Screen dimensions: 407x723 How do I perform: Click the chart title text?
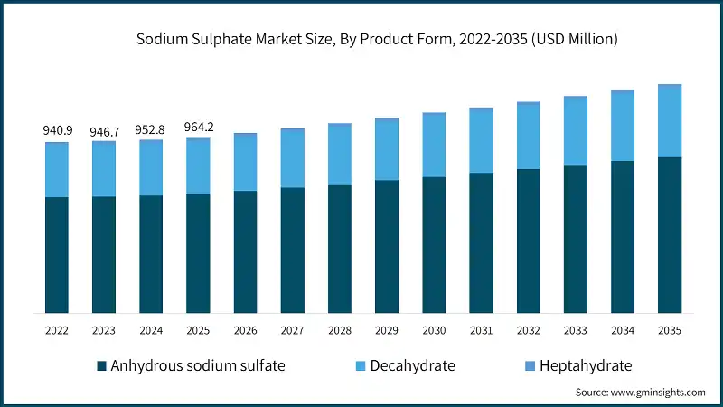(377, 39)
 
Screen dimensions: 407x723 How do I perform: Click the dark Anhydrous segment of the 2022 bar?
(56, 255)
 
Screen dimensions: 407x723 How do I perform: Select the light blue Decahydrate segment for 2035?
(670, 121)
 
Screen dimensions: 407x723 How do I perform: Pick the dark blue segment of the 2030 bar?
(434, 245)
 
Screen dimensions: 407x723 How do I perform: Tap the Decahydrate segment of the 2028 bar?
(339, 154)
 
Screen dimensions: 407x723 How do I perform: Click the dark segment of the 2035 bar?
(670, 235)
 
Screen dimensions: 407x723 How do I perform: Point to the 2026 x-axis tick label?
(245, 331)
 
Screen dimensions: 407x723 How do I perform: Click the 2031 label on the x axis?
(481, 331)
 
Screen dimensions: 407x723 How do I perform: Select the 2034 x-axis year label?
(623, 331)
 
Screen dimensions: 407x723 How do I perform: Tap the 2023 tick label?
(103, 331)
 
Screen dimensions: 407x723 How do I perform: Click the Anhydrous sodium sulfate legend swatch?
(101, 366)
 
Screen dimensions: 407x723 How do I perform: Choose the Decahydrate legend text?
(412, 366)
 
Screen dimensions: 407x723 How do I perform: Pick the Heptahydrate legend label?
(585, 366)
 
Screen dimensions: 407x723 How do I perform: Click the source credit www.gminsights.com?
(640, 393)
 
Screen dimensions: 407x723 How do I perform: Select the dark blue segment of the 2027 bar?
(292, 251)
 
